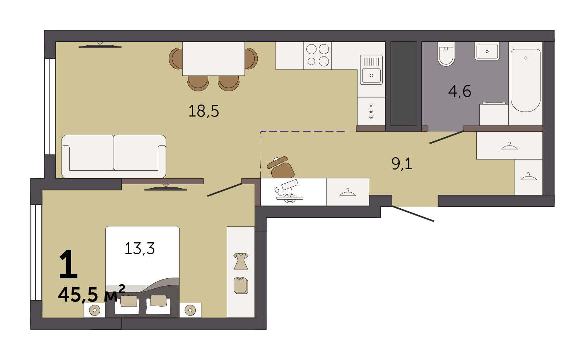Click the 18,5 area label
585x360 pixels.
[204, 111]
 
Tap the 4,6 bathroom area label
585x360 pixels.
[460, 91]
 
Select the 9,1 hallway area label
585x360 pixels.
[402, 164]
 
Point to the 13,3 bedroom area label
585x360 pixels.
[140, 248]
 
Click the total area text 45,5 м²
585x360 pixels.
[91, 294]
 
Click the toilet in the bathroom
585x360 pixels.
[446, 54]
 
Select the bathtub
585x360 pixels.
[525, 80]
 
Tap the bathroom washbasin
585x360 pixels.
[487, 51]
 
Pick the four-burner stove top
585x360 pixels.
[318, 56]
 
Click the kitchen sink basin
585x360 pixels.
[371, 75]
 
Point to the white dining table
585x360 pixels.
[213, 58]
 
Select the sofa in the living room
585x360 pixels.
[114, 156]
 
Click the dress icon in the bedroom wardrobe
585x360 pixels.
[241, 261]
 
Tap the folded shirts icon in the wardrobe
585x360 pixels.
[241, 285]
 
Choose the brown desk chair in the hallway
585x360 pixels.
[281, 168]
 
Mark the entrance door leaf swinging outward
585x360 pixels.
[413, 214]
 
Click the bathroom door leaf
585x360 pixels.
[447, 137]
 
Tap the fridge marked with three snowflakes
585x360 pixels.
[371, 111]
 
